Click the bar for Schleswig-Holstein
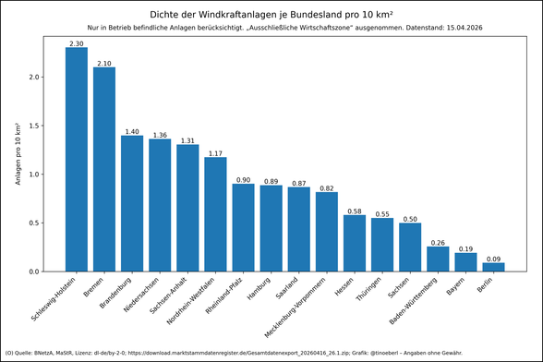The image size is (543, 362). [x=77, y=159]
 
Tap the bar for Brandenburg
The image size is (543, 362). [x=132, y=203]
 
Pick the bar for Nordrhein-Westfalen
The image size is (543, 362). [x=215, y=214]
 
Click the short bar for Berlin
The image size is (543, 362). [x=493, y=267]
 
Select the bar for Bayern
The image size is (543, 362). [x=465, y=262]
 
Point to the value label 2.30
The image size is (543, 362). [x=77, y=43]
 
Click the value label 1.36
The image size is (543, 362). [x=160, y=135]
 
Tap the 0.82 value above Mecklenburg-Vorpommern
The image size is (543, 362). [x=327, y=187]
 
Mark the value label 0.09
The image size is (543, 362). [x=493, y=259]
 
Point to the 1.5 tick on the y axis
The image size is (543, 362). [x=33, y=126]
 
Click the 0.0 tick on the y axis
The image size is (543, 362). [x=33, y=271]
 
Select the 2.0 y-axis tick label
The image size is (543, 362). [x=33, y=77]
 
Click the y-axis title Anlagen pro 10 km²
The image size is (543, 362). [x=17, y=153]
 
